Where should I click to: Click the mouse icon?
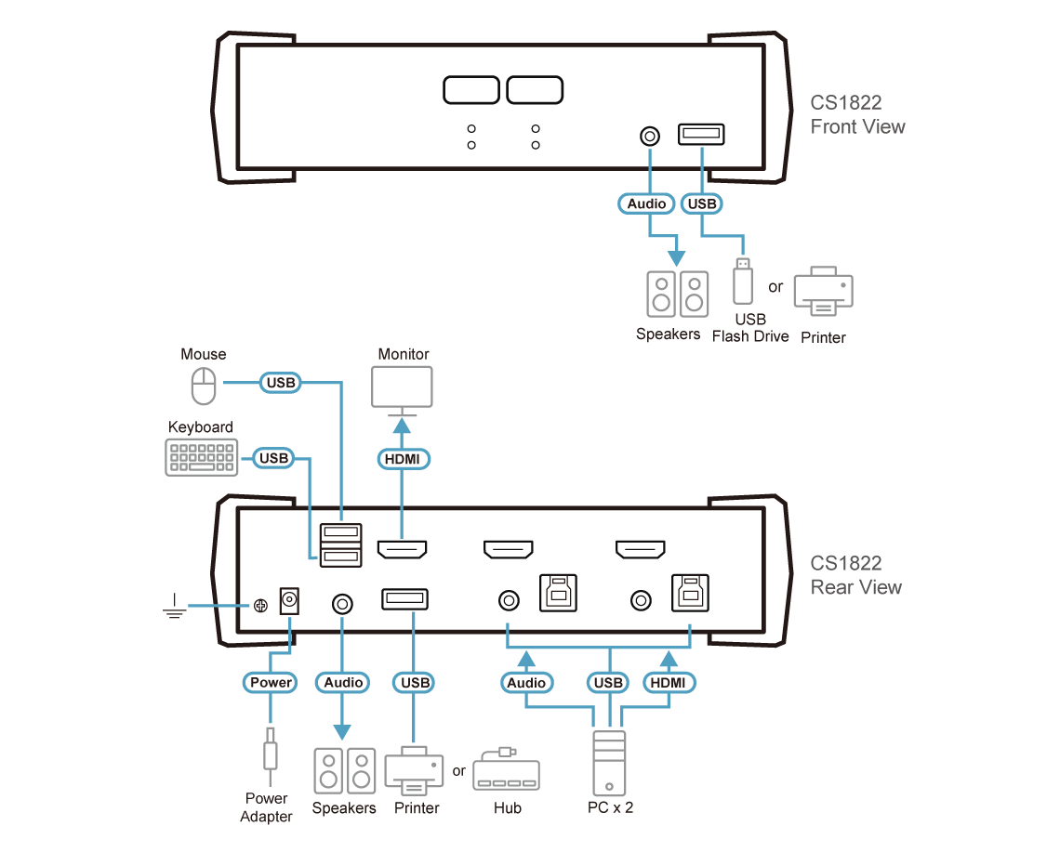pyautogui.click(x=204, y=387)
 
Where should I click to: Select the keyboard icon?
pyautogui.click(x=202, y=457)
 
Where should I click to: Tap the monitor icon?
pyautogui.click(x=402, y=387)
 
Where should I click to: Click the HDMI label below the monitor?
pyautogui.click(x=402, y=458)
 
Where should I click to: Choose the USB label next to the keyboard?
pyautogui.click(x=273, y=458)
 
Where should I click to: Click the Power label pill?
pyautogui.click(x=271, y=683)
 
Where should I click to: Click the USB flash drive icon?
pyautogui.click(x=741, y=282)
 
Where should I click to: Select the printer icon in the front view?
pyautogui.click(x=823, y=292)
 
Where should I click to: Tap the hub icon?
pyautogui.click(x=506, y=770)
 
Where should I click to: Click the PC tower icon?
pyautogui.click(x=610, y=761)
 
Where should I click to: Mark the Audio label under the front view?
pyautogui.click(x=646, y=203)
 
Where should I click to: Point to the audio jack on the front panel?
pyautogui.click(x=650, y=136)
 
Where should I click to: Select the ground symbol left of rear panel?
pyautogui.click(x=173, y=607)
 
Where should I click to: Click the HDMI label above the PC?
pyautogui.click(x=669, y=683)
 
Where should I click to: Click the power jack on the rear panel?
pyautogui.click(x=290, y=601)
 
